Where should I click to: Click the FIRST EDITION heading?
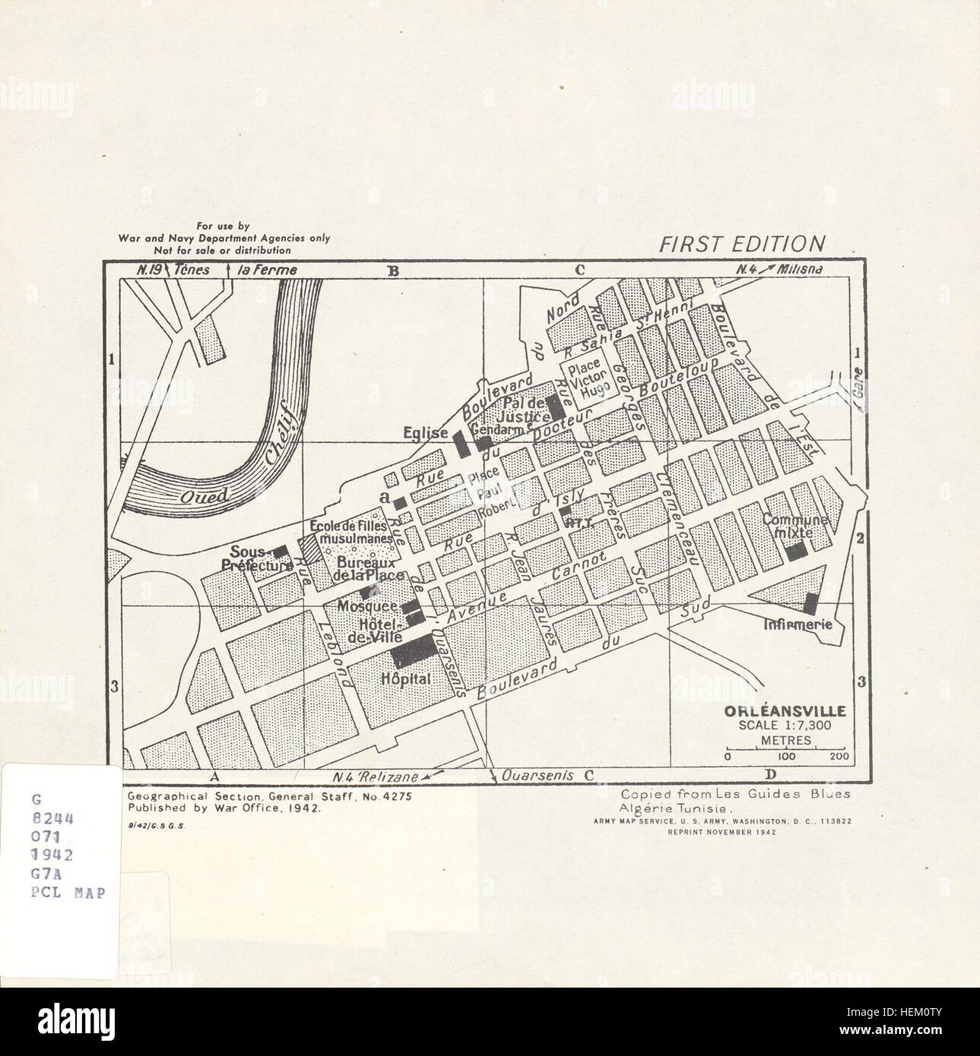[x=741, y=244]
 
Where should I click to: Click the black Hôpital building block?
[x=413, y=651]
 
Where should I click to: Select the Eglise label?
[x=427, y=433]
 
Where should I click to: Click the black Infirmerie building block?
[x=810, y=603]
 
